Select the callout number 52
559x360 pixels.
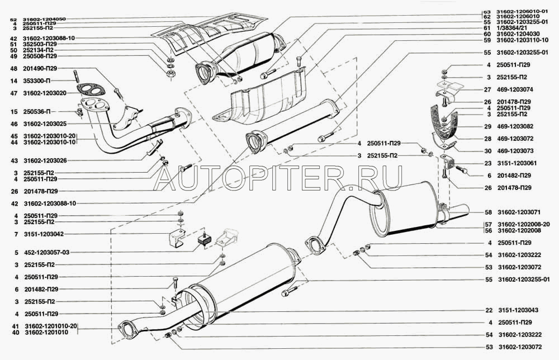(13, 19)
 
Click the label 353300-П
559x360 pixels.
(37, 80)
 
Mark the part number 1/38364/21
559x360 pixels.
(512, 28)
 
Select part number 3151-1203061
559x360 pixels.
(517, 163)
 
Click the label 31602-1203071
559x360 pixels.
(519, 212)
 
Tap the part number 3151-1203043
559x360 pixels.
(517, 310)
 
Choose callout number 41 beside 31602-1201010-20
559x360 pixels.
(13, 326)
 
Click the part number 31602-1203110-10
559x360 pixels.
(524, 40)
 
